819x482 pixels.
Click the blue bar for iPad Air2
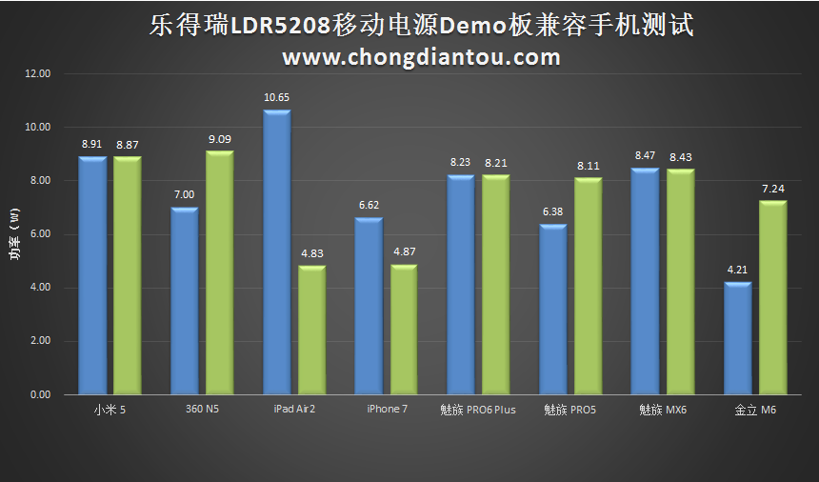pyautogui.click(x=277, y=252)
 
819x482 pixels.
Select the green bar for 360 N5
pyautogui.click(x=220, y=272)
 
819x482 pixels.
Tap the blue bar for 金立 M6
pyautogui.click(x=738, y=338)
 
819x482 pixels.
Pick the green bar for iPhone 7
pyautogui.click(x=404, y=329)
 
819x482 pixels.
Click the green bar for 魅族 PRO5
pyautogui.click(x=588, y=286)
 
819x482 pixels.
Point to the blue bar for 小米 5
pyautogui.click(x=92, y=275)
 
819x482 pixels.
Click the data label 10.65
pyautogui.click(x=276, y=97)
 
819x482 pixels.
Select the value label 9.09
pyautogui.click(x=220, y=139)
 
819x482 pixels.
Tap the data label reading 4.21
pyautogui.click(x=738, y=270)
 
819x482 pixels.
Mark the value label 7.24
pyautogui.click(x=772, y=189)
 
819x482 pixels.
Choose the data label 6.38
pyautogui.click(x=553, y=211)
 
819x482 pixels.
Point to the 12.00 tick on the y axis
pyautogui.click(x=37, y=73)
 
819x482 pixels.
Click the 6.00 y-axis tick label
pyautogui.click(x=37, y=234)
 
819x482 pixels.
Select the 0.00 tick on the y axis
pyautogui.click(x=37, y=394)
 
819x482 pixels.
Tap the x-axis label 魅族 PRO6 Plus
pyautogui.click(x=477, y=411)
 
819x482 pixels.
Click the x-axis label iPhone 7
pyautogui.click(x=387, y=410)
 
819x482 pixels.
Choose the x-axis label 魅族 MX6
pyautogui.click(x=663, y=411)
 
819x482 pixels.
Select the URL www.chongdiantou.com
pyautogui.click(x=421, y=58)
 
